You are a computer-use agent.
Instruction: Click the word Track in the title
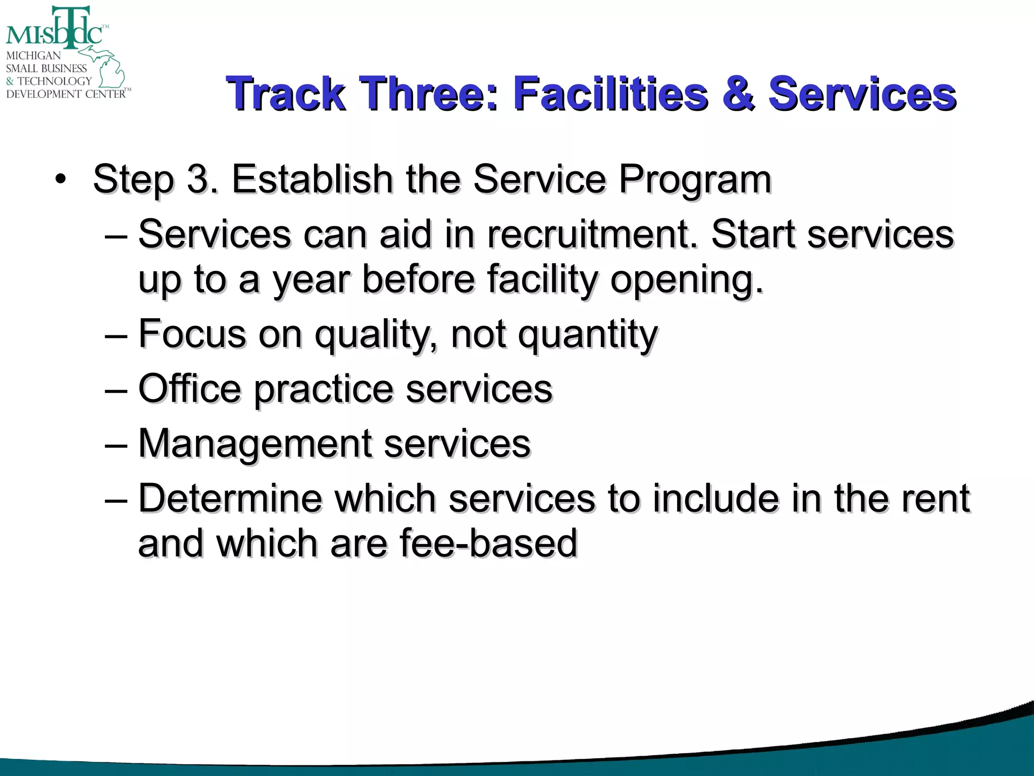pos(286,93)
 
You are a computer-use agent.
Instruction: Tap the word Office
pos(189,389)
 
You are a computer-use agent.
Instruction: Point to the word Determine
pos(230,499)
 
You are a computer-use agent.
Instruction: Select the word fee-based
pos(488,543)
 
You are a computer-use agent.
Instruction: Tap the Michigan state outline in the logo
pos(109,68)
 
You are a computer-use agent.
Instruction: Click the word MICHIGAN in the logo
pos(33,56)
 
